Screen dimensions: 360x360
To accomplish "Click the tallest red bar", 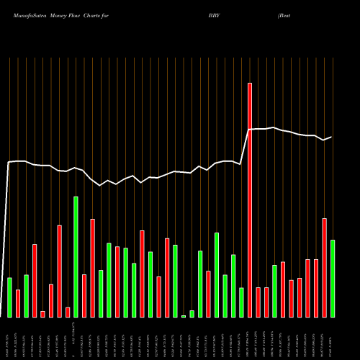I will (x=250, y=200).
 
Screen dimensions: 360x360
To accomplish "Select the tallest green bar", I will (x=76, y=256).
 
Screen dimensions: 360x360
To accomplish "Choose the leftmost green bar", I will (x=9, y=297).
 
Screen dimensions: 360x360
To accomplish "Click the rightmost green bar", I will (x=333, y=279).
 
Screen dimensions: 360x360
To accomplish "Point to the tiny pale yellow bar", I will (x=184, y=316).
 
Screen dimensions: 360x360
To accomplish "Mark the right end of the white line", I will (x=331, y=137).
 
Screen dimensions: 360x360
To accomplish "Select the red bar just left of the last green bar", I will (x=324, y=267).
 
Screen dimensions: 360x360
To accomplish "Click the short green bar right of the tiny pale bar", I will (x=192, y=313).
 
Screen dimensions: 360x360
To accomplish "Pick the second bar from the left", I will (x=18, y=303).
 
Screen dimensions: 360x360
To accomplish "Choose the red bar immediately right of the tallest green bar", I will (x=84, y=296).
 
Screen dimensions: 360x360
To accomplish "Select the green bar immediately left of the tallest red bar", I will (x=241, y=302).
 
